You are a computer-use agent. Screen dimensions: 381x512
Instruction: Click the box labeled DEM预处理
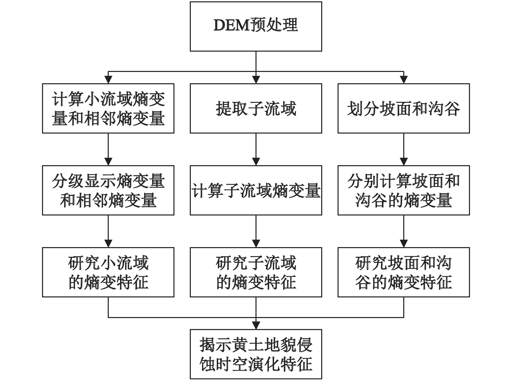pyautogui.click(x=256, y=26)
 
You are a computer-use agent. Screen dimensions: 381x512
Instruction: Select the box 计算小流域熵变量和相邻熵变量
pyautogui.click(x=108, y=108)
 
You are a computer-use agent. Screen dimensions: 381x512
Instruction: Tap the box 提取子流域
pyautogui.click(x=256, y=108)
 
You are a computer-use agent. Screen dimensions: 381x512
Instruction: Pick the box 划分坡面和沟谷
pyautogui.click(x=404, y=108)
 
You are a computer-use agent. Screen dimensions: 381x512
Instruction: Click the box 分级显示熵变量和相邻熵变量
pyautogui.click(x=108, y=190)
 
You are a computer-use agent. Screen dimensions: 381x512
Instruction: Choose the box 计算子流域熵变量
pyautogui.click(x=256, y=190)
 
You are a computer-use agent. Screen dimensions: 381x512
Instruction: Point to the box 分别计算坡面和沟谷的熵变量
pyautogui.click(x=404, y=190)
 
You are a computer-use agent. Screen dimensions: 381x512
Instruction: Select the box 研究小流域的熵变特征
pyautogui.click(x=108, y=272)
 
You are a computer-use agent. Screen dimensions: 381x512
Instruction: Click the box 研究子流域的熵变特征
pyautogui.click(x=256, y=272)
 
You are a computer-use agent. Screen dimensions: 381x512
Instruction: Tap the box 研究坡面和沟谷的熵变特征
pyautogui.click(x=404, y=272)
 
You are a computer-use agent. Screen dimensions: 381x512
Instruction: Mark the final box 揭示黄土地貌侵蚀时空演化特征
pyautogui.click(x=256, y=354)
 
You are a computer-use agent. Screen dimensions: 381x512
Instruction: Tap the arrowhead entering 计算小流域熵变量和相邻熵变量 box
pyautogui.click(x=108, y=80)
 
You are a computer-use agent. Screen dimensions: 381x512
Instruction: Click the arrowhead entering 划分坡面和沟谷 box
pyautogui.click(x=404, y=80)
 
